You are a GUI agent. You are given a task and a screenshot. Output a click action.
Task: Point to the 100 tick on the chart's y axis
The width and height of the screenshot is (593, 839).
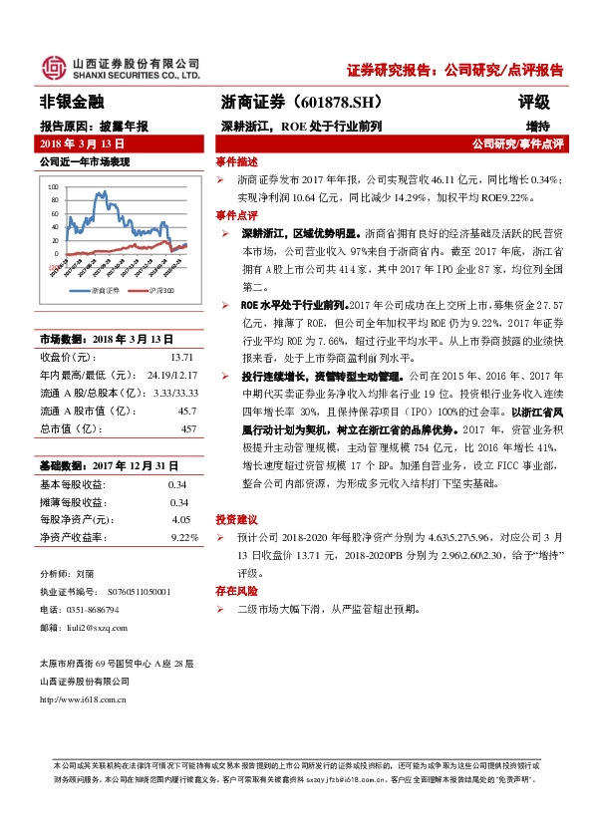click(54, 186)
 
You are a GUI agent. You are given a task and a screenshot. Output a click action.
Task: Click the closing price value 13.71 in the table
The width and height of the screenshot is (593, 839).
click(180, 355)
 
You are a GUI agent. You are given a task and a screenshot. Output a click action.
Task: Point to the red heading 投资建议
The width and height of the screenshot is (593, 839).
click(236, 519)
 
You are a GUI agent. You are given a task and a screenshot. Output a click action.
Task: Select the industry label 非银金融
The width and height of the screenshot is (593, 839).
click(71, 102)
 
